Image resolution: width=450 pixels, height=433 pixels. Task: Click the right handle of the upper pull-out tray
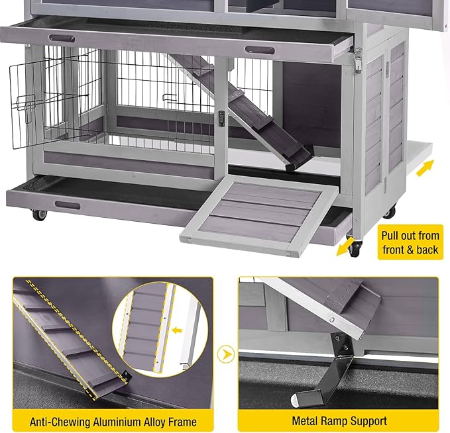coord(260,50)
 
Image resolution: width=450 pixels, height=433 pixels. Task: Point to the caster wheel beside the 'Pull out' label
coord(355,249)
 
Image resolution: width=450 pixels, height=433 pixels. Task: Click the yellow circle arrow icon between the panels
coord(227,354)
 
